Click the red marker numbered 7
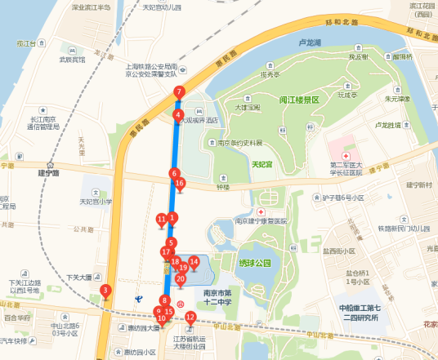point(179,93)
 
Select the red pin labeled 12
point(190,318)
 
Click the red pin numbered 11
point(161,219)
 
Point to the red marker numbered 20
point(181,279)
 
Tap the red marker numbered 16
point(180,184)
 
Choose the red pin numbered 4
point(177,116)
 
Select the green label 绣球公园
point(254,264)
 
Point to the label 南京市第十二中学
point(217,296)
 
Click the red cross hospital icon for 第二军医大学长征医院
point(346,154)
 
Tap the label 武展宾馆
point(72,60)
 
